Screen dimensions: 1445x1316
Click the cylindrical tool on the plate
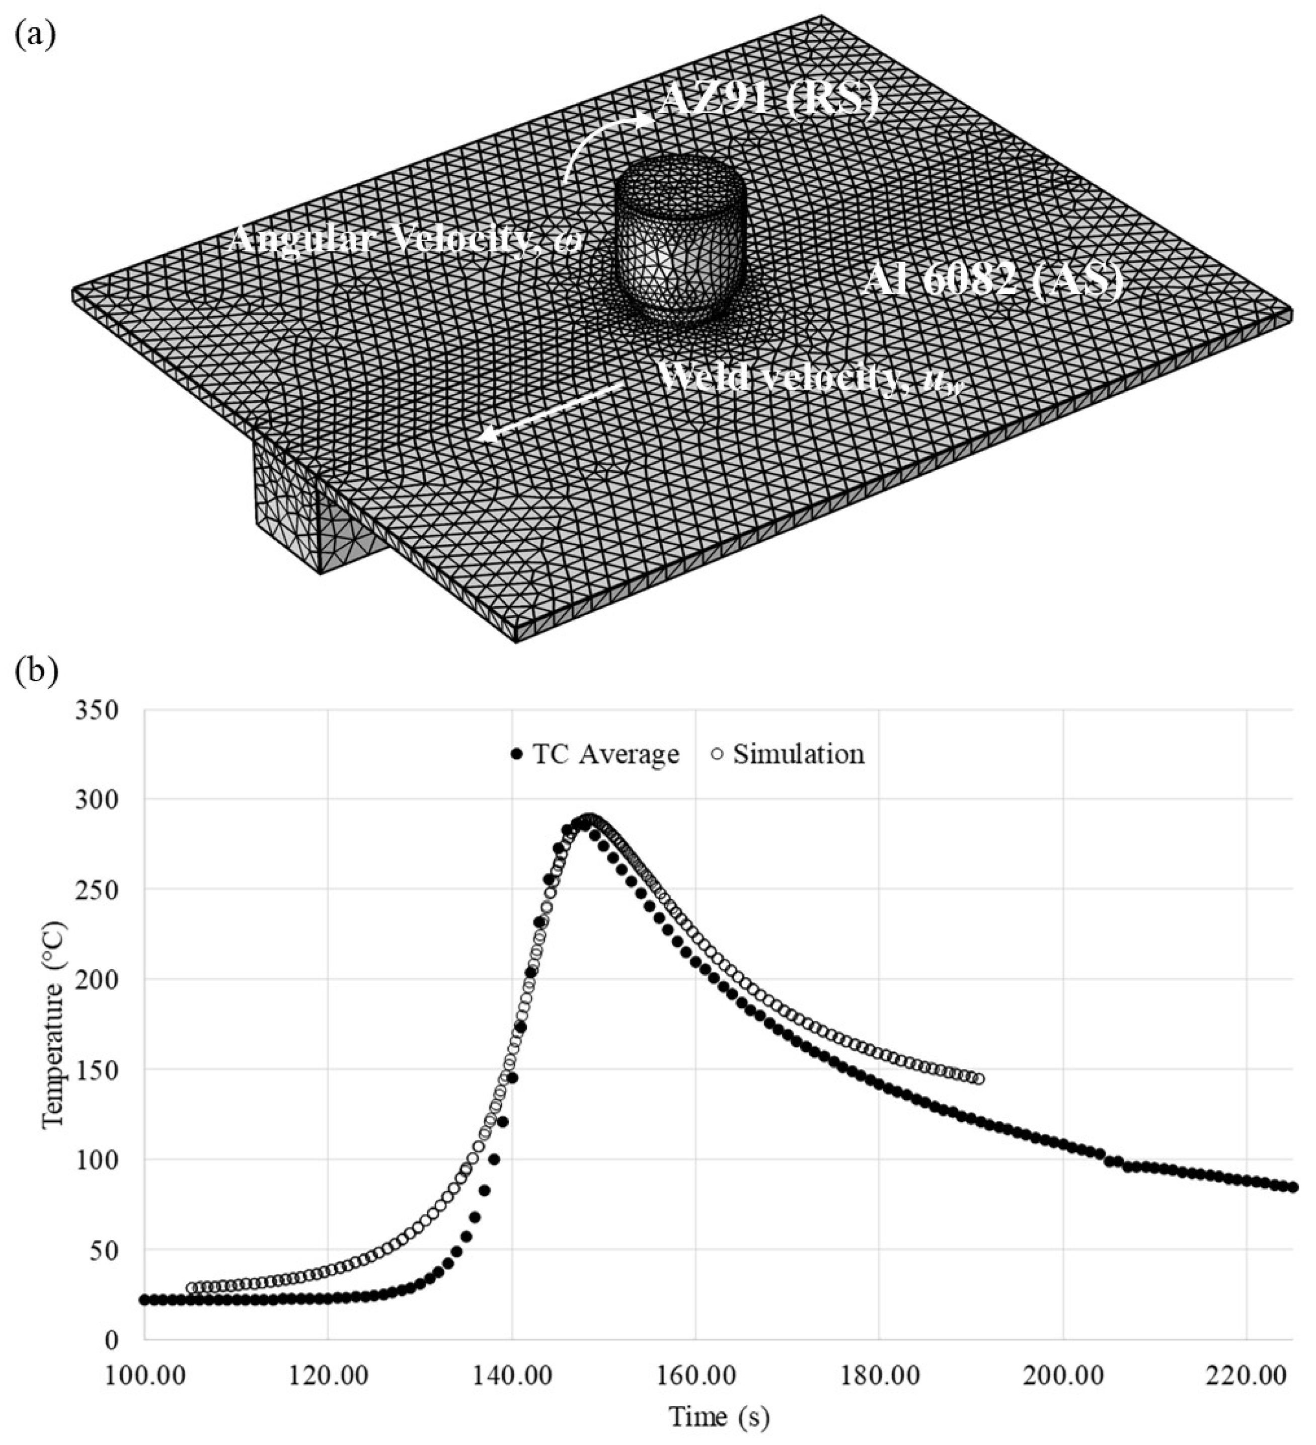pyautogui.click(x=680, y=240)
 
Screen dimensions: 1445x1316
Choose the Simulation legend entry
pyautogui.click(x=788, y=754)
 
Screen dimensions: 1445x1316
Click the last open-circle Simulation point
pyautogui.click(x=979, y=1079)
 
